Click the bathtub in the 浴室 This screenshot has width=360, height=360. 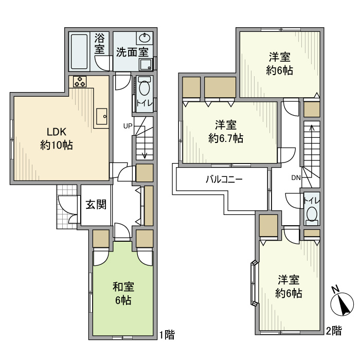[79, 51]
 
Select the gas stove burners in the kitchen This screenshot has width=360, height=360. [80, 81]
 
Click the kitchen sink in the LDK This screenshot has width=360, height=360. [102, 116]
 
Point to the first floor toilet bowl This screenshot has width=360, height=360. [145, 88]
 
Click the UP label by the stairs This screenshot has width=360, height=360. [128, 126]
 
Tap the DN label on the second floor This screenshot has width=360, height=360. [296, 177]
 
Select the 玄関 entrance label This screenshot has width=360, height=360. [96, 204]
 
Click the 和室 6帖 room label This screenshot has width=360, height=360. [123, 293]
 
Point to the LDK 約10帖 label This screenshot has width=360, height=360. [57, 139]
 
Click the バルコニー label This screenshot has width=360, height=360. [224, 179]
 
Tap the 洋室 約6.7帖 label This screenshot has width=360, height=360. [226, 132]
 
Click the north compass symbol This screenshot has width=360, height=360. [342, 304]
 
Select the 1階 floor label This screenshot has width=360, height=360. [167, 334]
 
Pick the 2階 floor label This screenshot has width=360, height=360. [334, 331]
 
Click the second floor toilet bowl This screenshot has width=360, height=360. [312, 214]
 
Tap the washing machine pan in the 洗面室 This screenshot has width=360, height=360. [146, 64]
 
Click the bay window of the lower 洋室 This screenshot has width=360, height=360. [254, 283]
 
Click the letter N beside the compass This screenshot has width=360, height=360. [336, 289]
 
